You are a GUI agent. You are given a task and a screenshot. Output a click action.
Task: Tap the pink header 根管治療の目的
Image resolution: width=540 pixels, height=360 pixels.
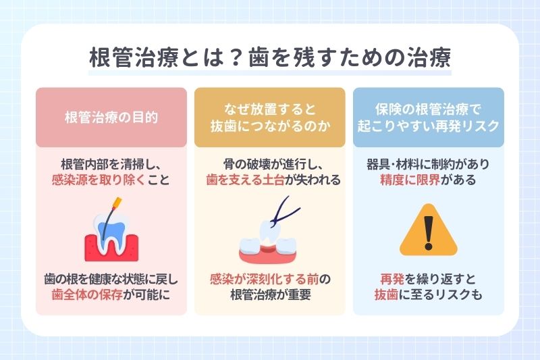pyautogui.click(x=111, y=117)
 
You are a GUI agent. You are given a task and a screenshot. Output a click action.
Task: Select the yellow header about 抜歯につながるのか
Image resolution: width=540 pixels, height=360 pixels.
pyautogui.click(x=270, y=117)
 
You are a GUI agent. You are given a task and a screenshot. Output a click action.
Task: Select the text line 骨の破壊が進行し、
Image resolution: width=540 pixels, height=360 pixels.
pyautogui.click(x=269, y=163)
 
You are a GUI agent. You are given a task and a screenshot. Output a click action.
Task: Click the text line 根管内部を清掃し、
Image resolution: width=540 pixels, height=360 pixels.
pyautogui.click(x=111, y=163)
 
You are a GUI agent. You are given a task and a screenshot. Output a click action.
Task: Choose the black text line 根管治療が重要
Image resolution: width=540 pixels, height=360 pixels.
pyautogui.click(x=269, y=294)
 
